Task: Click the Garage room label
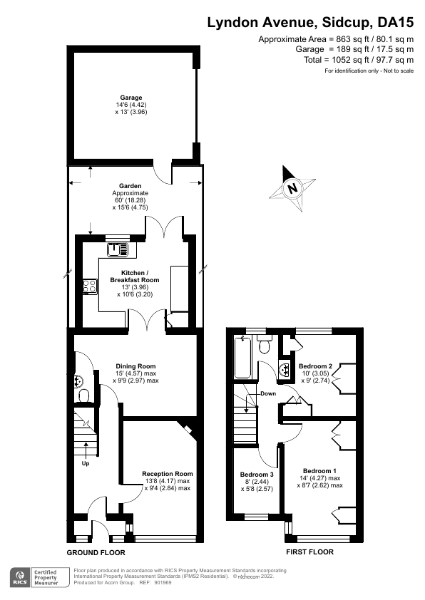pos(131,98)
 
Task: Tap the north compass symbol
pos(292,188)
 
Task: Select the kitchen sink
pos(117,249)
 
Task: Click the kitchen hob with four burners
pos(91,286)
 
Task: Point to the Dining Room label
pos(135,366)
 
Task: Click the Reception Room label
pos(167,474)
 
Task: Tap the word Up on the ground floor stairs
pos(85,464)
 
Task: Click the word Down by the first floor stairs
pos(268,393)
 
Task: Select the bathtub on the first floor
pos(242,358)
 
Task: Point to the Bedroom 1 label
pos(319,471)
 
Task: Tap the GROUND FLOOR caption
pos(96,552)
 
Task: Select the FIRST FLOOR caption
pos(309,552)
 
